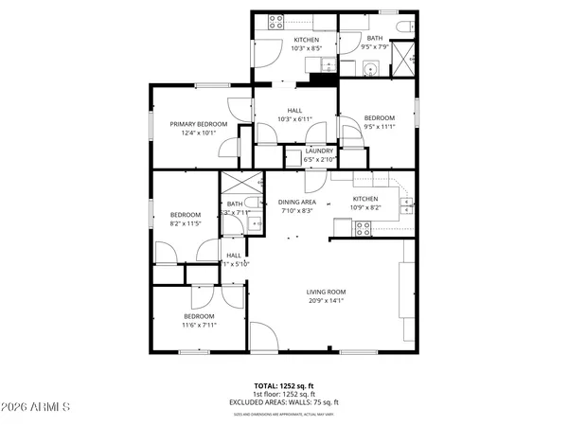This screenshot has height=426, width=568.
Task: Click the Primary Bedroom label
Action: point(199,124)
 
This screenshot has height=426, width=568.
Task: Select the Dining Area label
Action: point(296,202)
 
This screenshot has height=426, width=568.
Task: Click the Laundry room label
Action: point(318,151)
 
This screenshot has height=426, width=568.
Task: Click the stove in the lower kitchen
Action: point(362,226)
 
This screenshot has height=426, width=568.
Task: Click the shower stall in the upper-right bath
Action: point(405,59)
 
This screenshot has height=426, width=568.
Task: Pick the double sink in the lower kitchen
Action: point(406,202)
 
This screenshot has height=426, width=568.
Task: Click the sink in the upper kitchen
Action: point(323,64)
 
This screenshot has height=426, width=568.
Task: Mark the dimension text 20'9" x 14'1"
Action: point(326,301)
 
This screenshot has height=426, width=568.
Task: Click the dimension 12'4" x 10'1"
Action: point(199,133)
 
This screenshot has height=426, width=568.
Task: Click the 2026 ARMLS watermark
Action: point(38,409)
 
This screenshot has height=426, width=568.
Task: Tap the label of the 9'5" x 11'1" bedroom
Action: point(379,117)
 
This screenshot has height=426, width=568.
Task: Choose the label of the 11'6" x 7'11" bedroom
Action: point(199,316)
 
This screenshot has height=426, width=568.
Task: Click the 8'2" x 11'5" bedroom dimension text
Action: point(186,223)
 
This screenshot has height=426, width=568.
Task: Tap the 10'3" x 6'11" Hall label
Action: point(295,110)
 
